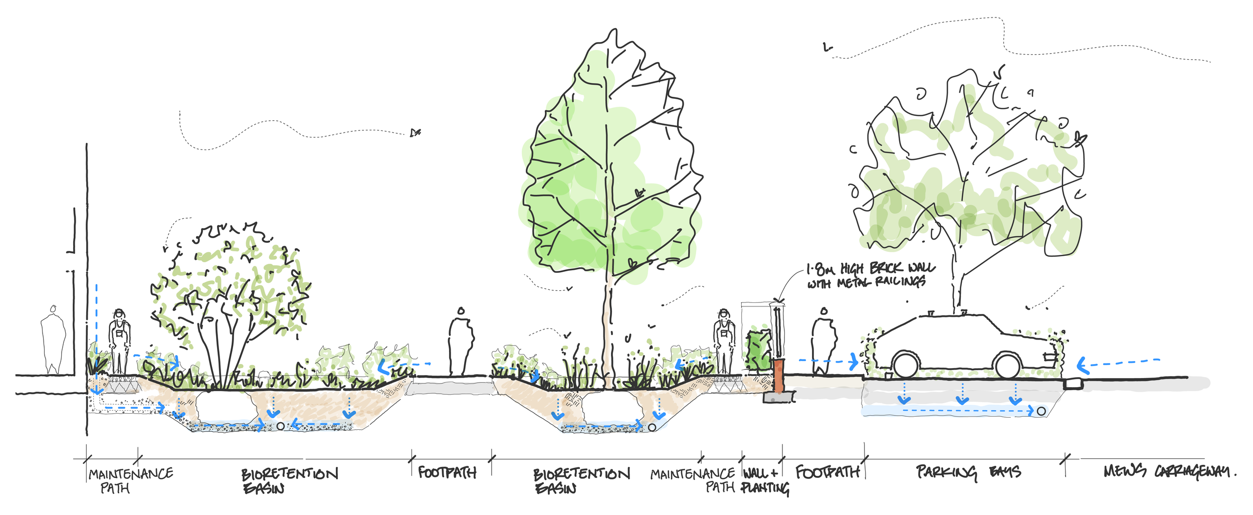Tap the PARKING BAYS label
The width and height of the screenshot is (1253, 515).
click(x=968, y=472)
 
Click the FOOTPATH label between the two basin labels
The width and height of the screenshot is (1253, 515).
click(x=447, y=472)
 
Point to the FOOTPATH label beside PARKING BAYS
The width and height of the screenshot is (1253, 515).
click(x=827, y=472)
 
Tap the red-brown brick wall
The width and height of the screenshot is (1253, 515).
click(x=778, y=376)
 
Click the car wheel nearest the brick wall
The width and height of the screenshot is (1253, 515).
click(x=905, y=365)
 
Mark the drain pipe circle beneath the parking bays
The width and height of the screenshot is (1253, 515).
click(x=1041, y=411)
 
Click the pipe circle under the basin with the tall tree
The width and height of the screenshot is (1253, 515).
click(x=652, y=427)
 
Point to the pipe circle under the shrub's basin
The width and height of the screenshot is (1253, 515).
click(x=281, y=426)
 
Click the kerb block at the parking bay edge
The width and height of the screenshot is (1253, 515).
click(x=1073, y=385)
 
